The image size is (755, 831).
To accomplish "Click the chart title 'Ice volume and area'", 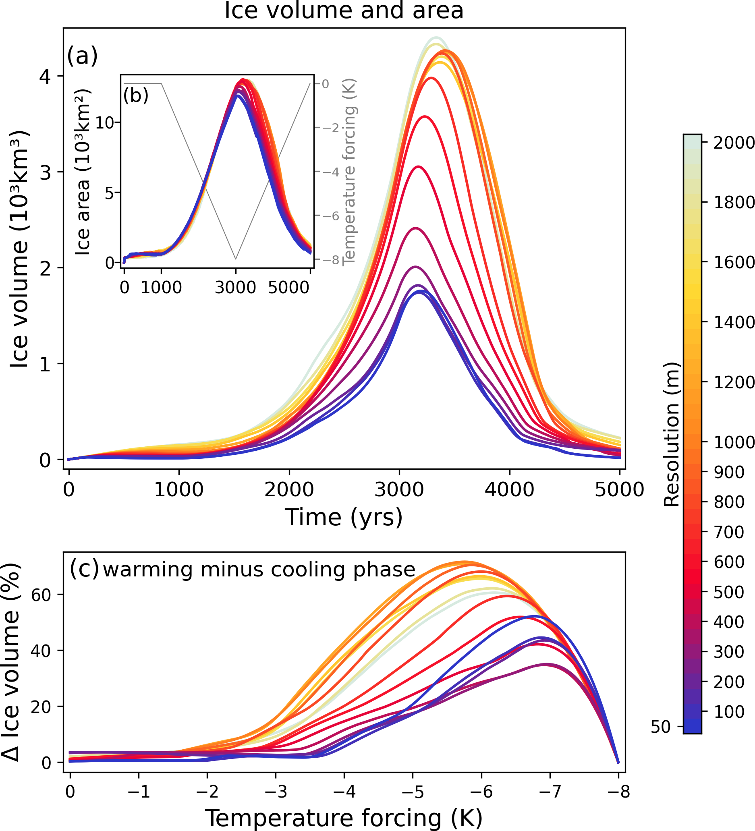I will pos(344,10).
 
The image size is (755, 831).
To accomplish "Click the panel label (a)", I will pos(83,56).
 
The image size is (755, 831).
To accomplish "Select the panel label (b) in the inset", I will pos(136,95).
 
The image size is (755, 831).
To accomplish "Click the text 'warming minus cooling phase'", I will pos(259,570).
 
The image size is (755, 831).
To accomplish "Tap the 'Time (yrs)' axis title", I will pos(344,517).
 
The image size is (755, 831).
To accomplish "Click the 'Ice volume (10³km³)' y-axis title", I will pos(20,249).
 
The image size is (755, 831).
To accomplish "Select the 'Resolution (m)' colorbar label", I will pos(671,435).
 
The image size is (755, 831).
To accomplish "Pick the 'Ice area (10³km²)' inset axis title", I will pos(83,172).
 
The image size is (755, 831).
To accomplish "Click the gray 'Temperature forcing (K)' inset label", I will pos(349,172).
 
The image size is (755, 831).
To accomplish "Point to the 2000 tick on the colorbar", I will pos(734,143).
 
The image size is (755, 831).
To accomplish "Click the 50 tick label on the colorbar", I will pos(661,727).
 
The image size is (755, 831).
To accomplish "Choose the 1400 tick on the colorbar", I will pos(734,322).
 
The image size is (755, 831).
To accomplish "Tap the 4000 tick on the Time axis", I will pos(510,490).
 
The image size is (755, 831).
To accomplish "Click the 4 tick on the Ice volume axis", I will pos(46,76).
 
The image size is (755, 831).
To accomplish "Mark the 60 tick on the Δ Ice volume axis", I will pos(41,595).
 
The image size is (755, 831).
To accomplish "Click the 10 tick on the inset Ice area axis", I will pos(104,122).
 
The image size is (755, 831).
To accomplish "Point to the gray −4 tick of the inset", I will pos(330,172).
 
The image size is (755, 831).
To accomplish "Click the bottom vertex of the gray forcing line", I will pos(235,259).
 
